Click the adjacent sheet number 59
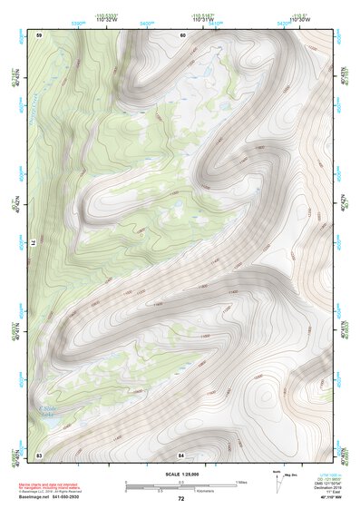40,34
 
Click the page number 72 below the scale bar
180,498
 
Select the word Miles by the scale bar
241,481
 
